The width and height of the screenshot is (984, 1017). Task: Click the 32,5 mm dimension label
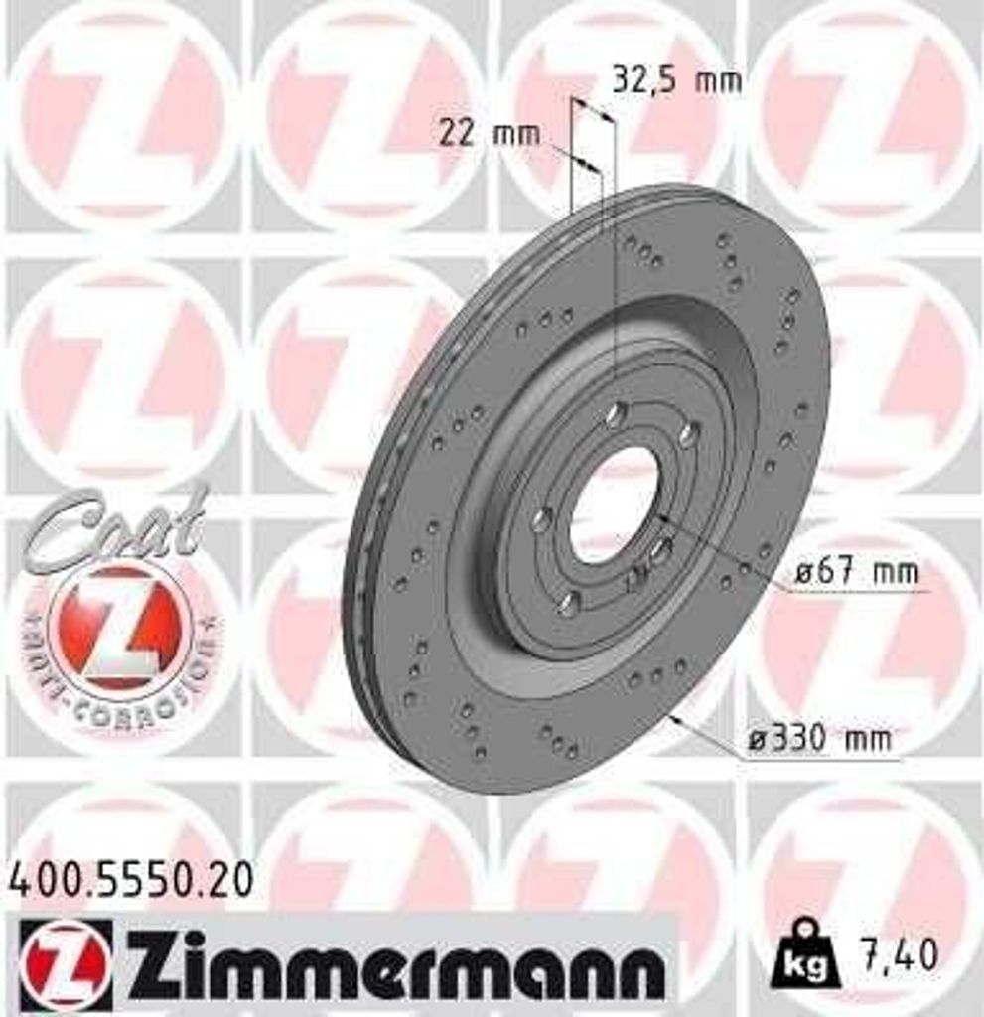[x=676, y=80]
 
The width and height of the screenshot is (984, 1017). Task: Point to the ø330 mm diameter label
[x=819, y=739]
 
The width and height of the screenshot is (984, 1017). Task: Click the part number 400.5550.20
[x=130, y=880]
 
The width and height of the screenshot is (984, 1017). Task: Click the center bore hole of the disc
[x=614, y=505]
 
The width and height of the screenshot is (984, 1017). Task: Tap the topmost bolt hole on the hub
[x=617, y=413]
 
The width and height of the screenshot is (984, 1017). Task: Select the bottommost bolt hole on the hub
[x=568, y=603]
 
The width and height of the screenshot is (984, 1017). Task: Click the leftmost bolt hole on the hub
[x=542, y=518]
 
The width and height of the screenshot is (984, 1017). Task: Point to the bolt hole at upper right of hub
[x=688, y=434]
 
